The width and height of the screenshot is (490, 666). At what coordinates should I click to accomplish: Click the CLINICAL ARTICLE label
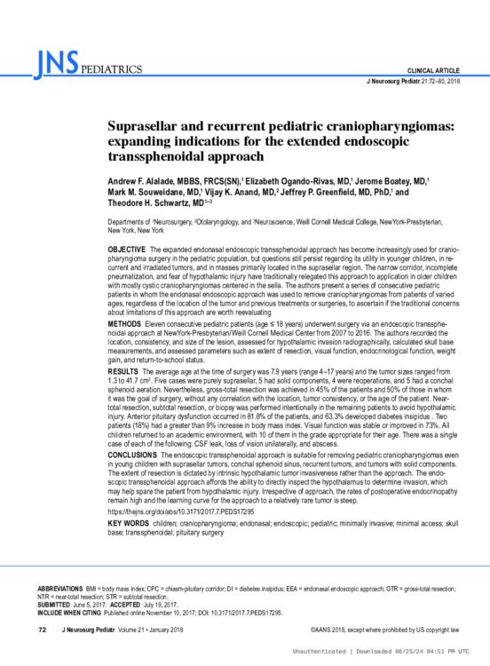coord(433,70)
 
